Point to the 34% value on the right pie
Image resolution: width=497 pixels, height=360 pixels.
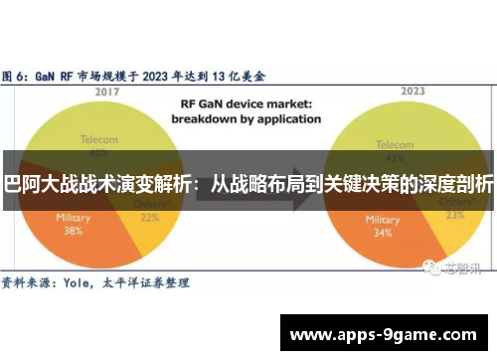click(x=356, y=234)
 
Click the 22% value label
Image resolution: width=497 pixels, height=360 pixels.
click(x=151, y=219)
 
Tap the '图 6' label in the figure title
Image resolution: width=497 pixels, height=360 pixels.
click(x=14, y=74)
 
